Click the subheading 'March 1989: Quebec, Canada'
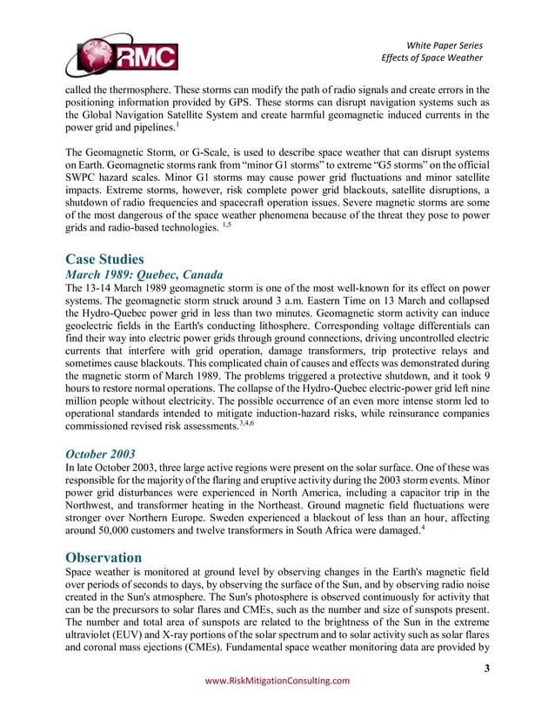[144, 274]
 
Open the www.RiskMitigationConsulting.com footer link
[277, 681]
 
